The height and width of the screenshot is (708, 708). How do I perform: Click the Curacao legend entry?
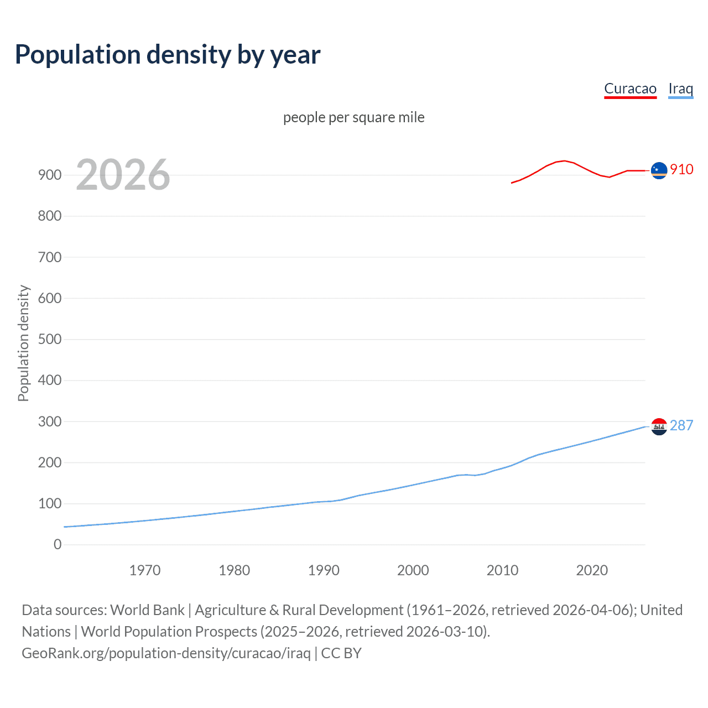click(630, 88)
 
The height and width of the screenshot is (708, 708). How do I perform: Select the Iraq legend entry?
click(680, 88)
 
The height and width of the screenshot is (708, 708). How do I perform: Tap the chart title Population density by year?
click(168, 54)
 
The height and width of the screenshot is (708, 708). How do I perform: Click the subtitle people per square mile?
click(353, 117)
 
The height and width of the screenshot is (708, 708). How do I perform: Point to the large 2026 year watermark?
click(123, 175)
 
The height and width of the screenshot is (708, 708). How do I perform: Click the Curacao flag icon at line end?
click(659, 171)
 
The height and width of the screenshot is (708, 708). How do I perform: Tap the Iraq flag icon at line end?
click(659, 426)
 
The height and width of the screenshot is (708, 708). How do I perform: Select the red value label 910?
click(681, 169)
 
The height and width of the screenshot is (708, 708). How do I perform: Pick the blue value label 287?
click(681, 425)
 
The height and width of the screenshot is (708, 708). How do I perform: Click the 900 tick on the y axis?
click(50, 175)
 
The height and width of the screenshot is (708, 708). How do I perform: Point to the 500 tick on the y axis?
click(50, 339)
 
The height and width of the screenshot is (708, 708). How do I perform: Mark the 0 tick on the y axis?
click(58, 544)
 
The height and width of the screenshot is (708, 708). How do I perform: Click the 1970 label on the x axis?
click(145, 570)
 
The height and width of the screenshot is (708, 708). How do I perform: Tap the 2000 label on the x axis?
click(413, 570)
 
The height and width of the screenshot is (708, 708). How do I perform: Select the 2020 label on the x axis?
click(592, 570)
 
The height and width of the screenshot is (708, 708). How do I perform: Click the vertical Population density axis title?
click(23, 343)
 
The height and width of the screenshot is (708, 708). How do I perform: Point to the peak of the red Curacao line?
click(564, 161)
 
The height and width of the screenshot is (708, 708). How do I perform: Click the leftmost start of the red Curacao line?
click(512, 183)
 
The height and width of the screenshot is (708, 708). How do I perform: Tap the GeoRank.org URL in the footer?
click(166, 653)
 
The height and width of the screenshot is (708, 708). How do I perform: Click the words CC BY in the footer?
click(341, 653)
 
